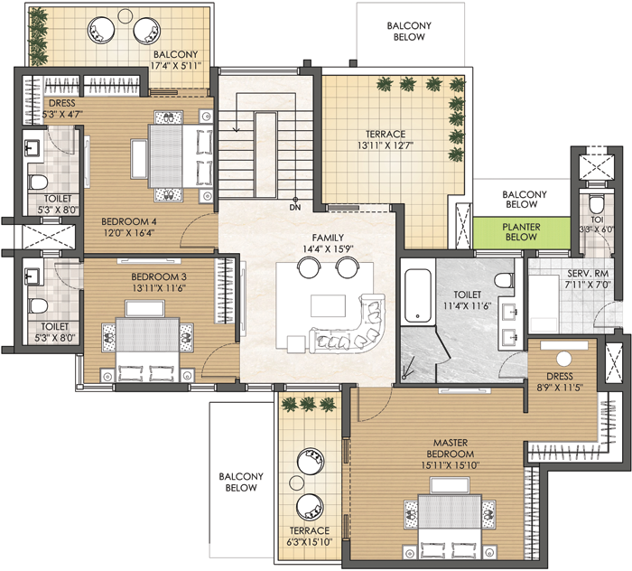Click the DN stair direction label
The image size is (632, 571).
295,208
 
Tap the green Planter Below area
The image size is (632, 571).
522,232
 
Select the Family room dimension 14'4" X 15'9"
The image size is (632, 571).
328,249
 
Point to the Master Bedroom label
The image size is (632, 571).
451,448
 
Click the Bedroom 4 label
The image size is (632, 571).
129,221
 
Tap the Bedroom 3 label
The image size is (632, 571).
159,277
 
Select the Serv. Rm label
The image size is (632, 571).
588,274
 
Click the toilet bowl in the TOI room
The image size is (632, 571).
596,204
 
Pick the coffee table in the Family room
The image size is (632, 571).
328,305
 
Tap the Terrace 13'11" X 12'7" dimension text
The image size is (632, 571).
386,145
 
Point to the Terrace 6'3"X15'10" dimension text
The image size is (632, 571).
310,542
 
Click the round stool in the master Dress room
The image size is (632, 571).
564,359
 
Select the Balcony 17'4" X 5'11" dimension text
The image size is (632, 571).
175,66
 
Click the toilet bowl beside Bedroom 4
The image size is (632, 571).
38,182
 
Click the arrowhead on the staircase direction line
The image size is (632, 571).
237,129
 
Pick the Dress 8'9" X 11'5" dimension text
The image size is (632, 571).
560,388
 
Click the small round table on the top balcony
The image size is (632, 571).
125,15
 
